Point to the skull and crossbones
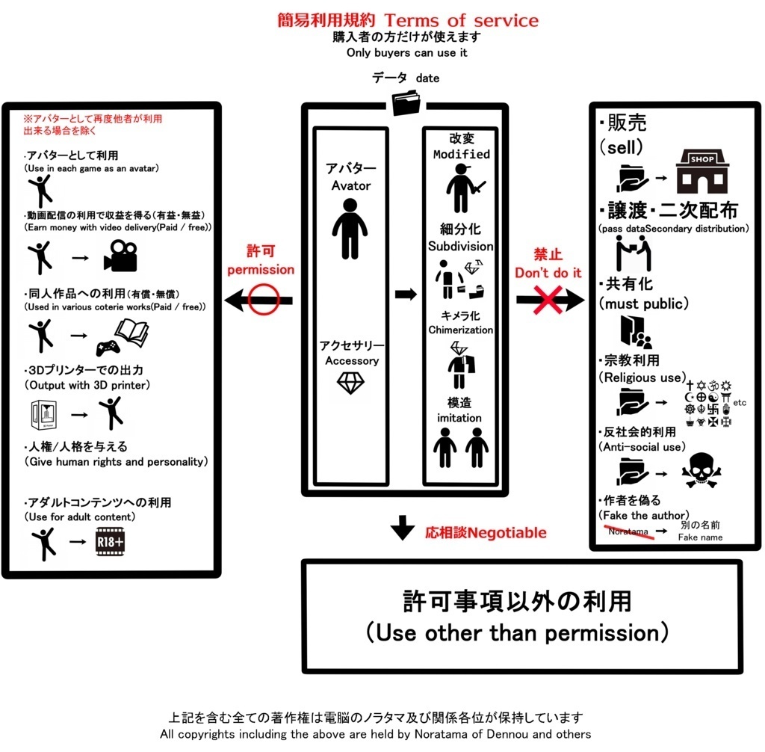coord(702,472)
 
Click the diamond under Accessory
coord(350,383)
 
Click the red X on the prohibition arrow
coord(549,300)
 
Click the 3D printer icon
coord(45,415)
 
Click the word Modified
coord(461,154)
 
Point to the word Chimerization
coord(461,330)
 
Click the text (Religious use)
coord(642,377)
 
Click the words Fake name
coord(700,537)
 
